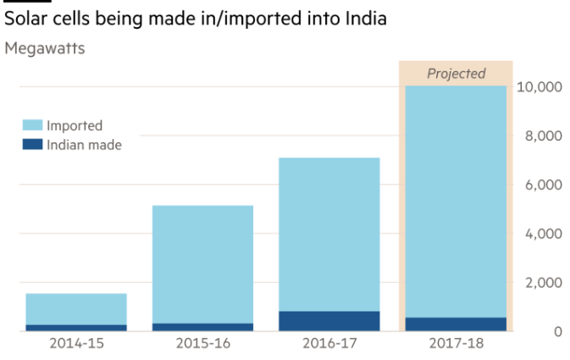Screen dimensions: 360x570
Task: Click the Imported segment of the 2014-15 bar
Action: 76,308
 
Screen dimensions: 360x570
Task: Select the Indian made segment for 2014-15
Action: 76,327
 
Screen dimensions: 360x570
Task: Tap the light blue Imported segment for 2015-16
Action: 202,263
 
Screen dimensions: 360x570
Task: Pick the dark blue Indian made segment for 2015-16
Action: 202,327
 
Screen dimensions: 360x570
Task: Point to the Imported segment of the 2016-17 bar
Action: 329,234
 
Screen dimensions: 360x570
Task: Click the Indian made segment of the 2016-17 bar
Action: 329,321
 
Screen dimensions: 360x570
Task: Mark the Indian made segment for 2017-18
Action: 456,324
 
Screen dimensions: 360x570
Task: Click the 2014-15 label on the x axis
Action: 76,344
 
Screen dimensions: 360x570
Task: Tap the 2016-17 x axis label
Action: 329,344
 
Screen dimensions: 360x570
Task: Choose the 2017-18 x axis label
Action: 456,344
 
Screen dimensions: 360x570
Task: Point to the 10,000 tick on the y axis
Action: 540,86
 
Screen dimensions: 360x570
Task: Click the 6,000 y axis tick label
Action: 543,185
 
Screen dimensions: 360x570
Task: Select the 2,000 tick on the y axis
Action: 543,282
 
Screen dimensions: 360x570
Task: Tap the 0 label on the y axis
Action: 558,331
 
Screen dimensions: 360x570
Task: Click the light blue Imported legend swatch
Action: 31,125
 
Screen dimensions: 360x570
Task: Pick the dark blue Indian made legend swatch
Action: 31,145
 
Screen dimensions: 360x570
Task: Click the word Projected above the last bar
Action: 456,74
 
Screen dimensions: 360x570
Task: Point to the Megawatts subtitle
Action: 44,47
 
